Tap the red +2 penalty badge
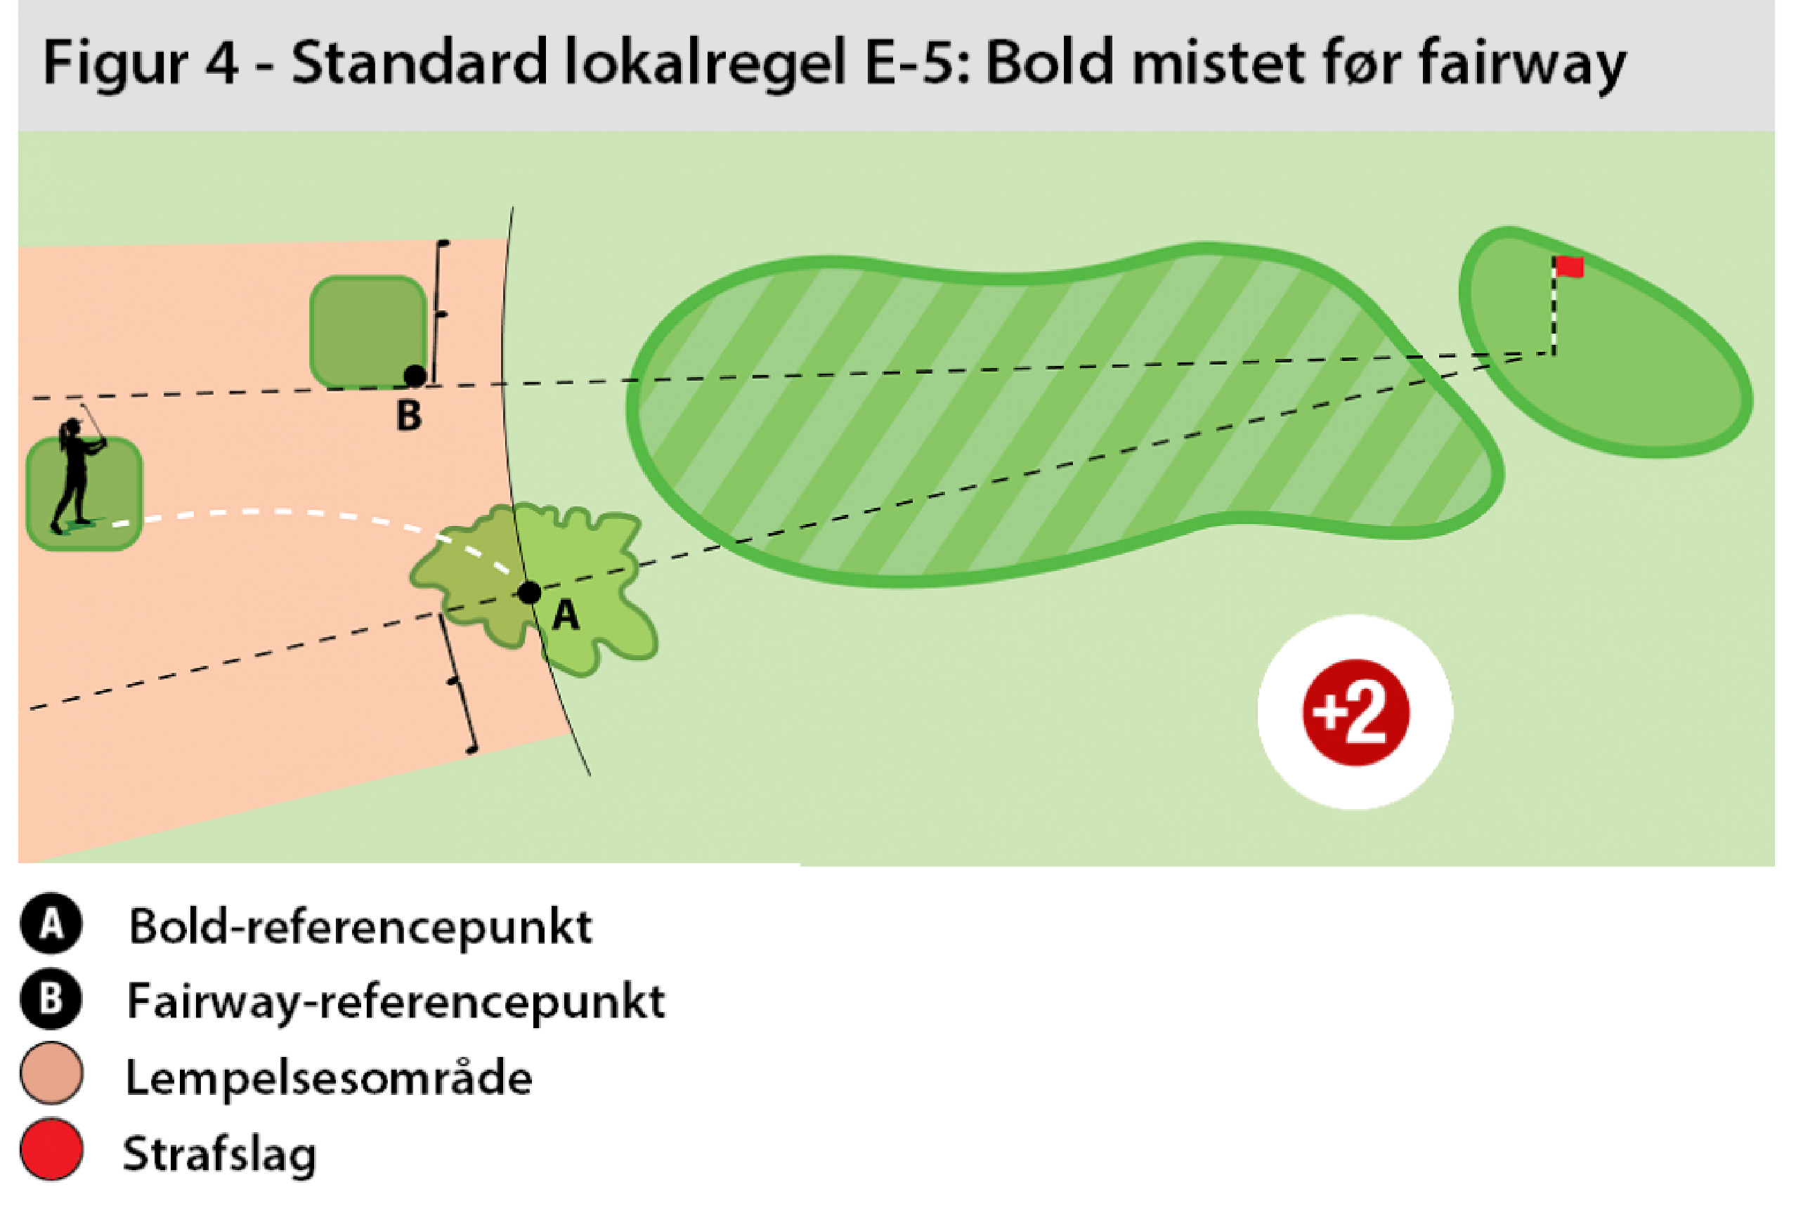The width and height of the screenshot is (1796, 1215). click(1356, 713)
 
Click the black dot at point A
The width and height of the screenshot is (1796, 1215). click(529, 593)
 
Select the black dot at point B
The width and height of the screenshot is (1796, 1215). click(415, 376)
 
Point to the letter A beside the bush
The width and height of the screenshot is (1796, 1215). click(566, 616)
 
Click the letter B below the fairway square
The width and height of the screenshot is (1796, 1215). click(409, 416)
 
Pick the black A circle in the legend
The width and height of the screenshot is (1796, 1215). click(51, 923)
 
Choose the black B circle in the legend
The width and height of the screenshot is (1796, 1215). click(51, 999)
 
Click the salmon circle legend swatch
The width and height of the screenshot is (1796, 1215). click(51, 1075)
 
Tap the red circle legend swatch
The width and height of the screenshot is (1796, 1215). click(51, 1150)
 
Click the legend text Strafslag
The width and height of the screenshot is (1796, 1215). click(220, 1154)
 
